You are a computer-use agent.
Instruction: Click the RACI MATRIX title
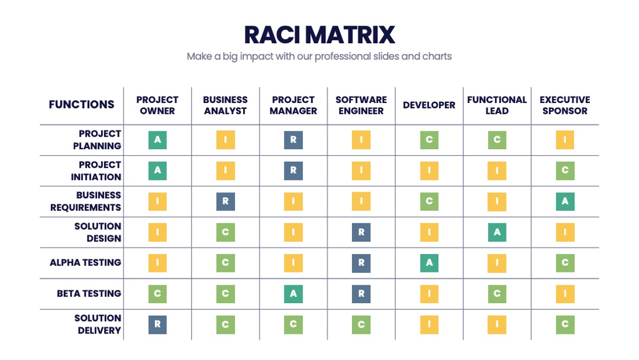[319, 35]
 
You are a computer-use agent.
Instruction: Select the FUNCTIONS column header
[82, 105]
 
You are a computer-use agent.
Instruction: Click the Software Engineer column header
[361, 105]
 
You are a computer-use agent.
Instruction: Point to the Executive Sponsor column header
[565, 105]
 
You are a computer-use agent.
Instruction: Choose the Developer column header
[429, 105]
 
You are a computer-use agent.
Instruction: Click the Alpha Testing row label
[86, 262]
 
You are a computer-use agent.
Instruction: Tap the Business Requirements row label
[86, 201]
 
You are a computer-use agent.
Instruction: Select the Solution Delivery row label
[98, 324]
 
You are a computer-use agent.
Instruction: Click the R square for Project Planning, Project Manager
[293, 140]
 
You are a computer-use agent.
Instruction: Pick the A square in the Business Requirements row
[565, 201]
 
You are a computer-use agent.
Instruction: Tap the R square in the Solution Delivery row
[158, 324]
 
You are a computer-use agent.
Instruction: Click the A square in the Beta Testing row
[293, 294]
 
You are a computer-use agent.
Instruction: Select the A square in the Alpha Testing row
[429, 263]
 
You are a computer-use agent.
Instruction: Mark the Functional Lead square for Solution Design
[497, 232]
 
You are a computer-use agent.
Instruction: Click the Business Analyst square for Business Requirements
[225, 201]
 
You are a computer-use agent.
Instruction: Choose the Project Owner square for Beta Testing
[158, 294]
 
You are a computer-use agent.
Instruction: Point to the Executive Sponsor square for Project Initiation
[565, 171]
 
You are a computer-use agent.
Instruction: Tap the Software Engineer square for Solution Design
[361, 232]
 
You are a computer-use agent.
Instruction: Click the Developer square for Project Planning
[429, 140]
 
